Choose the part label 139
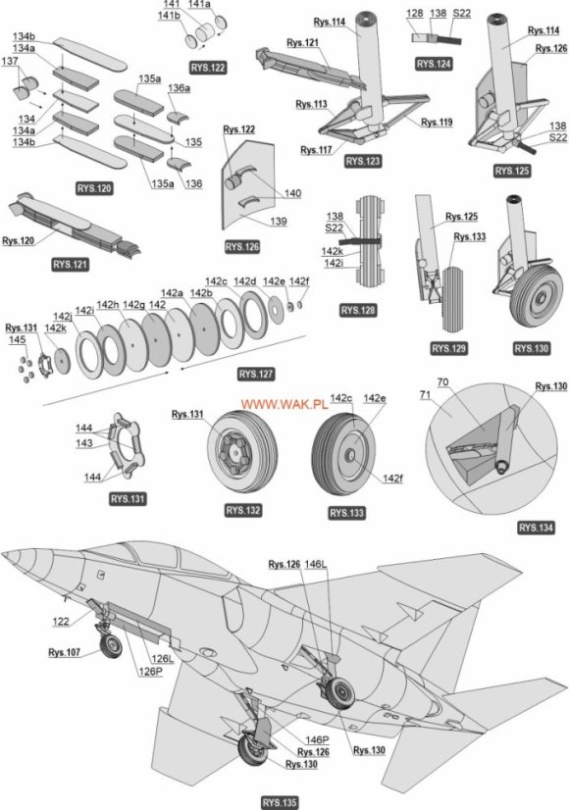279,222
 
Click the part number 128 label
414,13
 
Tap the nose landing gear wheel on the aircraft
113,646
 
